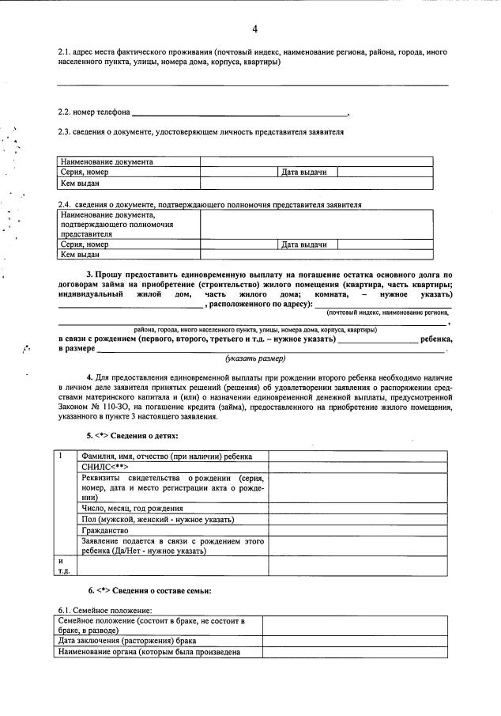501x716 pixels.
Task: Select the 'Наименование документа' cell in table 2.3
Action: point(107,161)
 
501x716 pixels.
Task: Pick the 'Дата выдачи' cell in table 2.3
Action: point(304,172)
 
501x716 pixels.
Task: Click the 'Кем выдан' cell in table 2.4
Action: point(80,255)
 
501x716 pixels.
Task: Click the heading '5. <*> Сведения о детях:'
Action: point(132,435)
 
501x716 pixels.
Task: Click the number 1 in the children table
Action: point(62,456)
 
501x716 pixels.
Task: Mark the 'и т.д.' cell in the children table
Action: point(65,565)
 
